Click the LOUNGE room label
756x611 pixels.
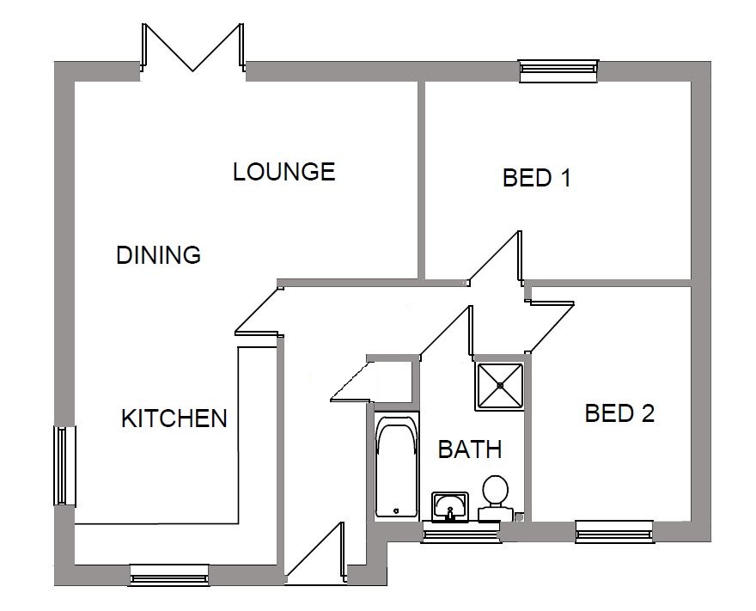coord(284,172)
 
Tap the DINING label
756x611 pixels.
coord(159,254)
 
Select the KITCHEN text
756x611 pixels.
coord(174,419)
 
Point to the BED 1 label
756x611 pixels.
coord(537,178)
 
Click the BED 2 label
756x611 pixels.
coord(619,413)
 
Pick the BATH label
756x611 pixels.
coord(470,449)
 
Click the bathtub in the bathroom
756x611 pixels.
coord(396,466)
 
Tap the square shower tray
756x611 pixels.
coord(500,386)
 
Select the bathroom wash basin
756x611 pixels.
coord(450,506)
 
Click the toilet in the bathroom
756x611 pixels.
coord(495,498)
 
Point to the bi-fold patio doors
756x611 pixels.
coord(192,47)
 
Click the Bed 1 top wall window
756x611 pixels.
coord(558,70)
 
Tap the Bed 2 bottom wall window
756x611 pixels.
coord(614,531)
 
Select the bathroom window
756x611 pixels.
coord(461,532)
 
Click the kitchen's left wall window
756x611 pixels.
coord(64,466)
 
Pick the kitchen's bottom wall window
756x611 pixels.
coord(169,575)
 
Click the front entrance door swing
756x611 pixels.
coord(316,553)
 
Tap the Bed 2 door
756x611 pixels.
coord(550,327)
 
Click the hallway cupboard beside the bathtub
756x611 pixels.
coord(392,381)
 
